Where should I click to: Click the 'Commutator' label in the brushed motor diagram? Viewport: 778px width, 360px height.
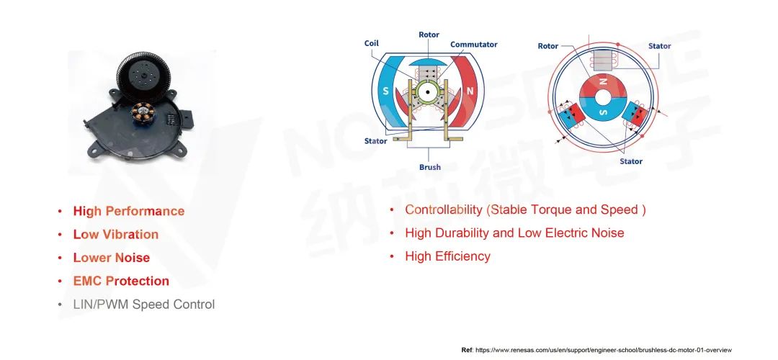(473, 45)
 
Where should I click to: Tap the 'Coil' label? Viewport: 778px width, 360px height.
(371, 44)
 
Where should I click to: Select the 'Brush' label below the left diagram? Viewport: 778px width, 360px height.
(429, 167)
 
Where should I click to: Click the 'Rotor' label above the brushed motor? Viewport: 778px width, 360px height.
(429, 35)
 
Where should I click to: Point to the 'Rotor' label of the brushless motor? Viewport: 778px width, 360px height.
(547, 46)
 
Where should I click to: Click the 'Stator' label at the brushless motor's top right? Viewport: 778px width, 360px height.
(659, 46)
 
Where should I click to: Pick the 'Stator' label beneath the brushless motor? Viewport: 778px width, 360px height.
(630, 161)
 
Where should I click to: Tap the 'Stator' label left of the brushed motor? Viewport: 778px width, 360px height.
(375, 141)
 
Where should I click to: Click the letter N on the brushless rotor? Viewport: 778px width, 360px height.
(604, 81)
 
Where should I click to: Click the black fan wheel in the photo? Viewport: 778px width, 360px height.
(143, 77)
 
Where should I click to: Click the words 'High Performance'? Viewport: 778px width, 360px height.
(129, 211)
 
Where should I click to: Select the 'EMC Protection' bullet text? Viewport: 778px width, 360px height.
(121, 281)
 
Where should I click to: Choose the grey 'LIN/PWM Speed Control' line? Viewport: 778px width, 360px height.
(144, 305)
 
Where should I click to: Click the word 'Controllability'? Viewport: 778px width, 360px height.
(444, 210)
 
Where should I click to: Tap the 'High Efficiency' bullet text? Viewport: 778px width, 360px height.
(447, 256)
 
